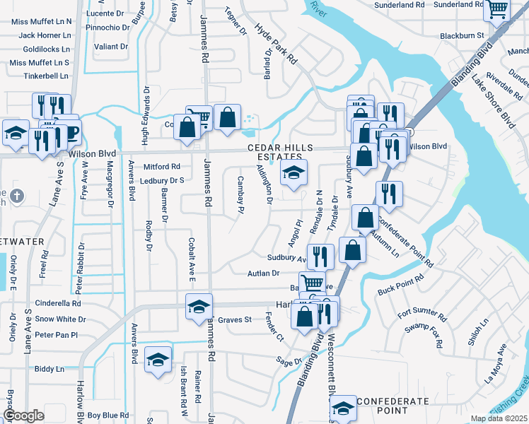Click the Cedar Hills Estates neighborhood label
[279, 152]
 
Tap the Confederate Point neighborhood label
[393, 406]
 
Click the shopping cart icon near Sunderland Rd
[498, 10]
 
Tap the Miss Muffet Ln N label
[40, 21]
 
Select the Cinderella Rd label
[58, 304]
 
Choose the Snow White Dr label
[60, 319]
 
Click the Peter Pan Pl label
[55, 334]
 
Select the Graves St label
[235, 320]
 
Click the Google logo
[23, 416]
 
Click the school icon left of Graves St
[199, 307]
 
